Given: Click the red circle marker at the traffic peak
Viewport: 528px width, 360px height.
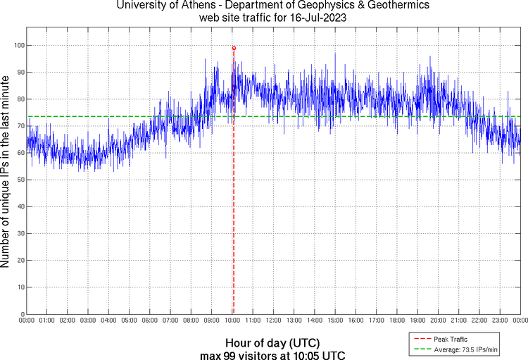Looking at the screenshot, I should point(234,48).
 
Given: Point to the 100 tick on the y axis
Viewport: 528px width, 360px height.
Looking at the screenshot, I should point(18,45).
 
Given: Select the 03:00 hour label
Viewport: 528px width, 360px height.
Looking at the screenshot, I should point(88,321).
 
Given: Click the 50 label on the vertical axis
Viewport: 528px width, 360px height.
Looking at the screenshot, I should point(19,180).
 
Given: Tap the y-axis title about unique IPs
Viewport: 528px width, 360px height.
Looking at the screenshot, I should point(6,173).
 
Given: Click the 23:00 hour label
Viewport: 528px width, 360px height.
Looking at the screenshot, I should point(500,321).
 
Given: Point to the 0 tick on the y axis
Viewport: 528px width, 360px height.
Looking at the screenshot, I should point(22,314).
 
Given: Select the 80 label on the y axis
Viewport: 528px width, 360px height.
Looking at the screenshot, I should point(19,99).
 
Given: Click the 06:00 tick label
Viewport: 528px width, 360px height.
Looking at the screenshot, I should point(150,321).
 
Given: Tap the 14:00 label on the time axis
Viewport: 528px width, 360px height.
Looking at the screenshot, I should point(315,321).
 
